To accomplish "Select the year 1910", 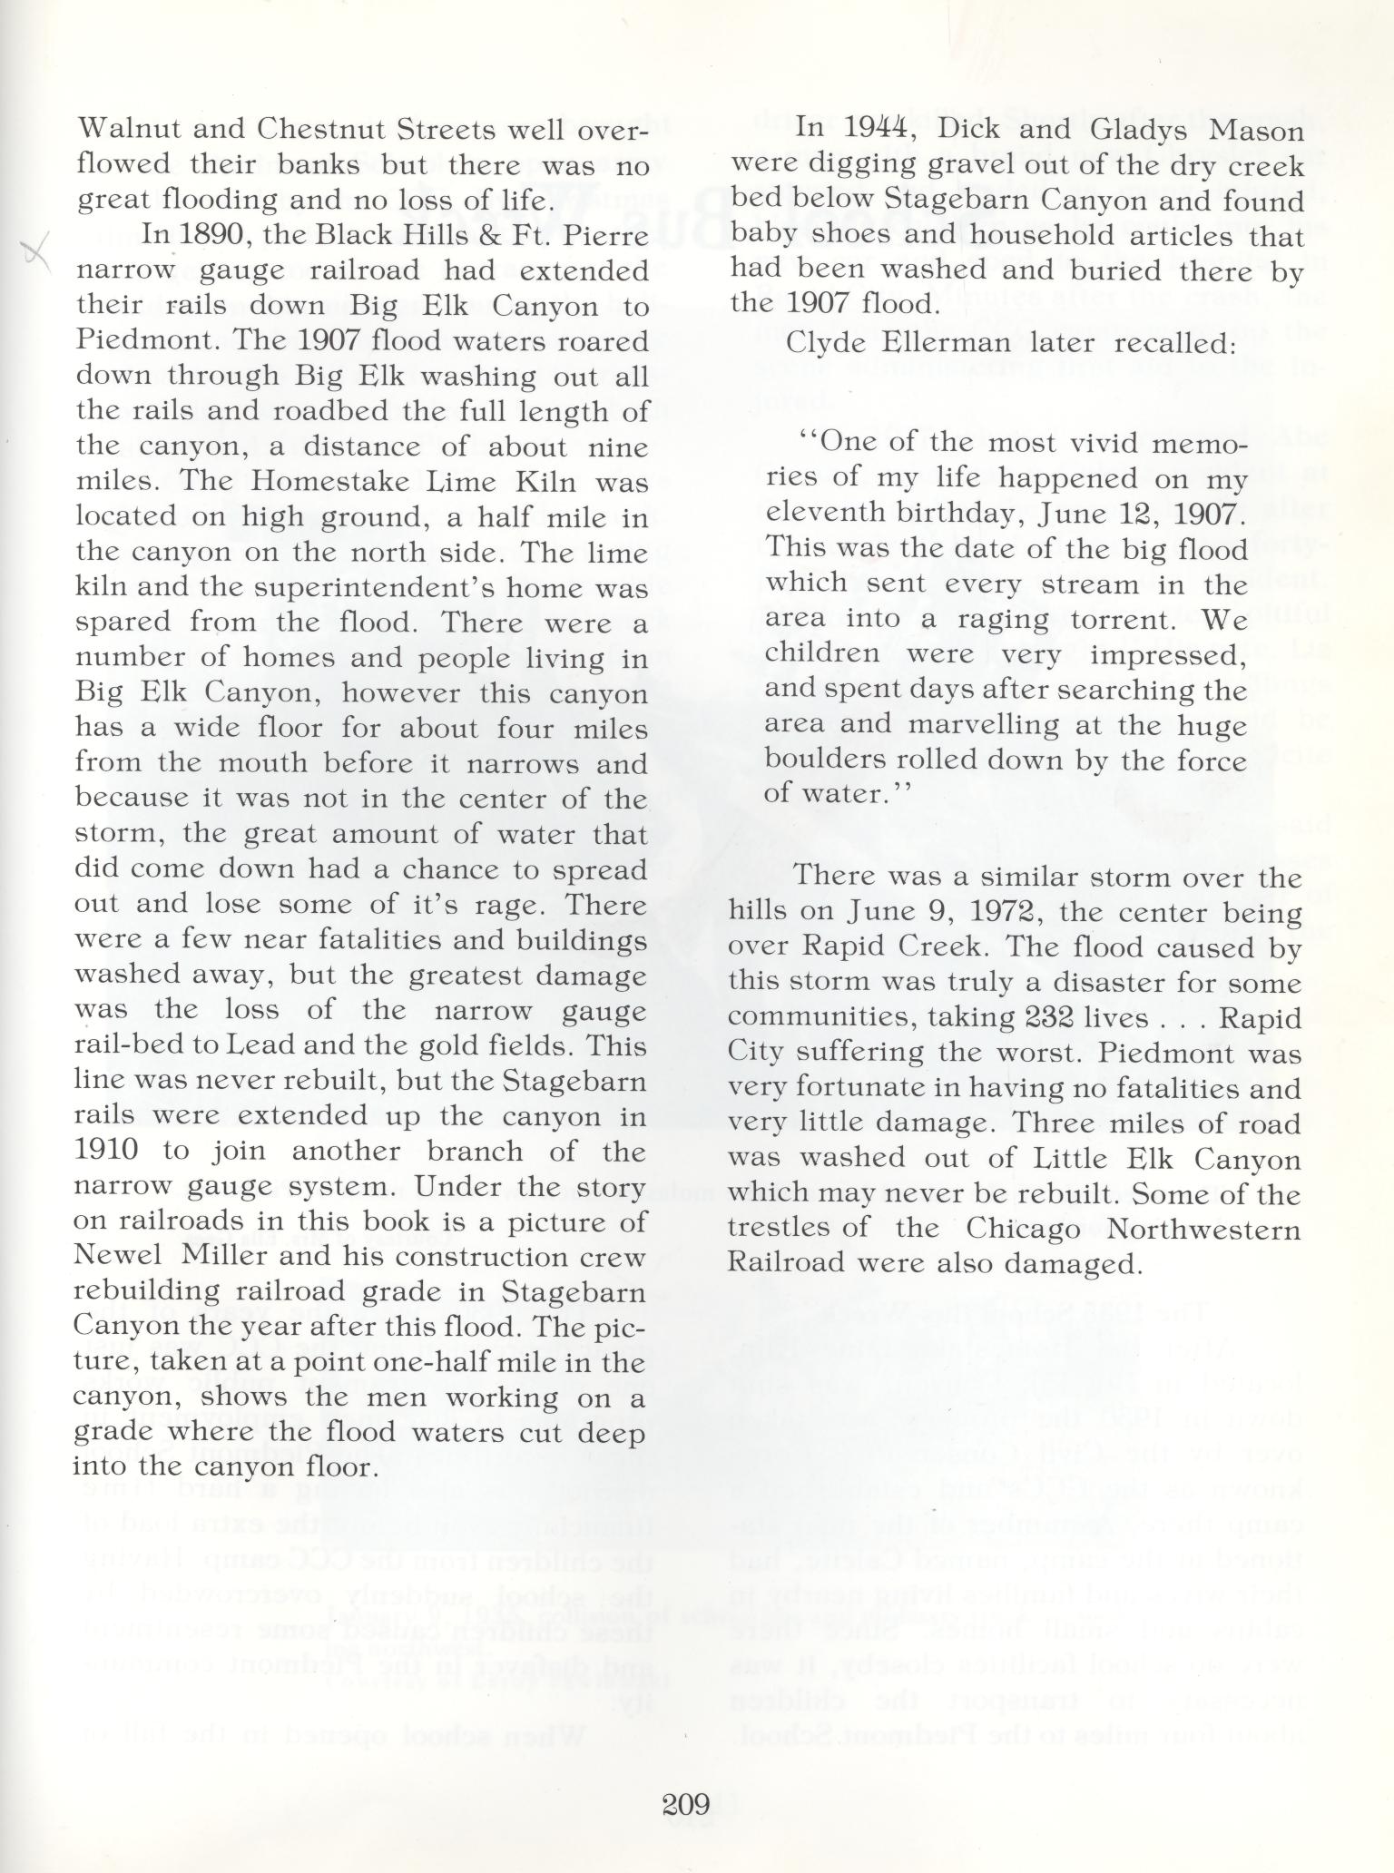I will tap(107, 1151).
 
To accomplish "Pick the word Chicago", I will tap(1026, 1228).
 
